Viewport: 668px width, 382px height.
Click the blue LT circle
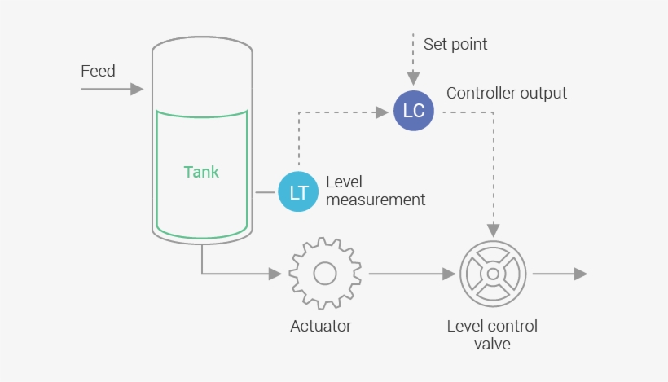click(x=298, y=191)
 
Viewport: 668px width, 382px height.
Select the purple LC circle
click(x=413, y=111)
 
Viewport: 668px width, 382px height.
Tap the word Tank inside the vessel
click(x=201, y=172)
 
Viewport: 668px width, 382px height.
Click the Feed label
click(x=98, y=71)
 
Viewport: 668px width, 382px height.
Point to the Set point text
click(x=455, y=44)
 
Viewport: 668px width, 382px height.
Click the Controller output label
click(x=506, y=93)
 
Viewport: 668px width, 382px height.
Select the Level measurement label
click(x=375, y=191)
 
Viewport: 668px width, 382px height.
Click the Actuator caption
click(x=321, y=327)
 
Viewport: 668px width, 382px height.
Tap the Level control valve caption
click(x=492, y=335)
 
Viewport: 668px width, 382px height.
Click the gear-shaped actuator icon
click(x=325, y=274)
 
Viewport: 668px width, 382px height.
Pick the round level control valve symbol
click(x=494, y=274)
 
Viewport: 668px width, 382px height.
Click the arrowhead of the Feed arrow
click(x=138, y=89)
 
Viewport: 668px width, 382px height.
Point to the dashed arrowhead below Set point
click(x=413, y=80)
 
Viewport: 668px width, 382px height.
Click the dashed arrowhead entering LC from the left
click(x=380, y=111)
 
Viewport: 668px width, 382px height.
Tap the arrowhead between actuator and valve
click(x=449, y=274)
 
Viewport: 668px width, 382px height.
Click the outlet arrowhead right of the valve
click(x=580, y=274)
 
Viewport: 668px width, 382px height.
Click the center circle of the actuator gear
click(x=325, y=274)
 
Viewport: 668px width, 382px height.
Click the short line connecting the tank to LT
click(x=266, y=192)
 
